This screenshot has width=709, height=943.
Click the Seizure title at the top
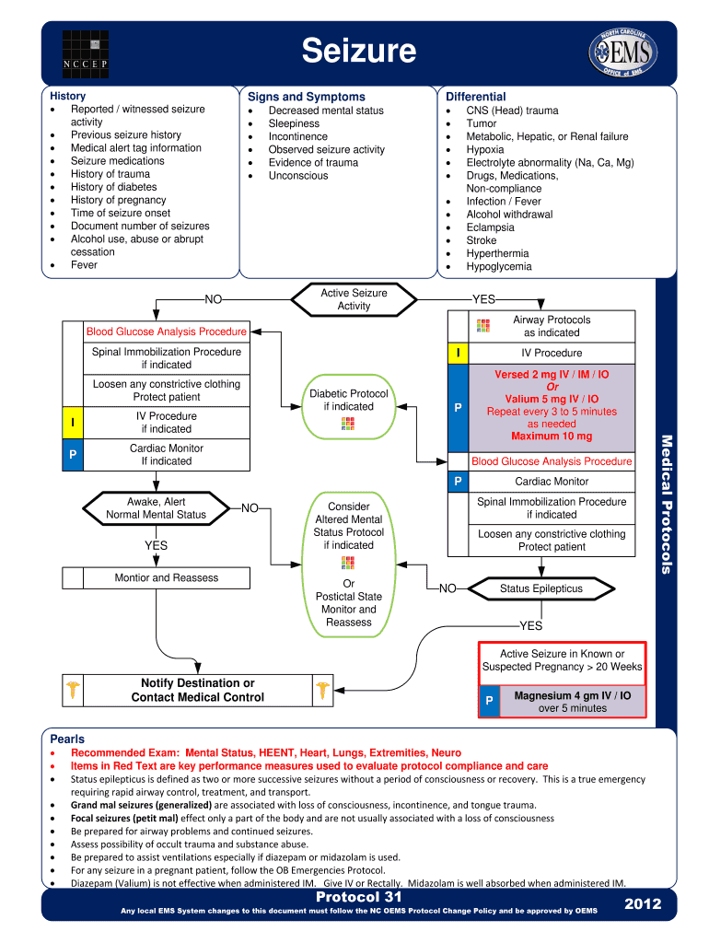[359, 51]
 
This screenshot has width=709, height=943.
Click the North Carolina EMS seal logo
[623, 53]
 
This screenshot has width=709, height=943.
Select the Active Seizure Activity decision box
[354, 299]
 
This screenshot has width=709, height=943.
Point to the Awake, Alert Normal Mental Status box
[156, 508]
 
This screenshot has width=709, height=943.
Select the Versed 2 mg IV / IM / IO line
[552, 375]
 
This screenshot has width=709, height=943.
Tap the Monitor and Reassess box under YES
[166, 578]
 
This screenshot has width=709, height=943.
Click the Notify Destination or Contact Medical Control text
[197, 691]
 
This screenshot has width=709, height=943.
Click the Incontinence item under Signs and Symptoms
[297, 136]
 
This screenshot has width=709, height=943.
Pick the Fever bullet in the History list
[84, 265]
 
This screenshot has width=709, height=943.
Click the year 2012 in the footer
[642, 904]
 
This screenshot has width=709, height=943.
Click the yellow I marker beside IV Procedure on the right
[458, 354]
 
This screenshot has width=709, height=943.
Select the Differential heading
[475, 97]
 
